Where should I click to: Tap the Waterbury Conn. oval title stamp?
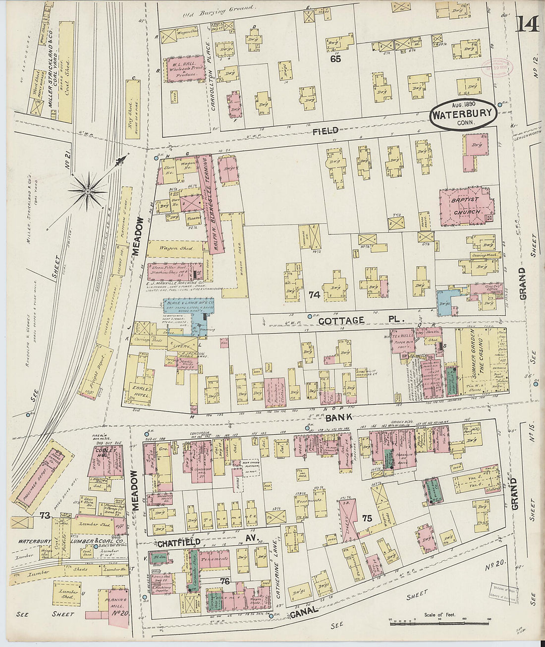coord(462,115)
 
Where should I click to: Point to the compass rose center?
coord(88,191)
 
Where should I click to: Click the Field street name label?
coord(326,131)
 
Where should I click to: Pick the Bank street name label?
coord(338,418)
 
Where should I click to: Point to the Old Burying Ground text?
coord(218,9)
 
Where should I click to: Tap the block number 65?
coord(336,59)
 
